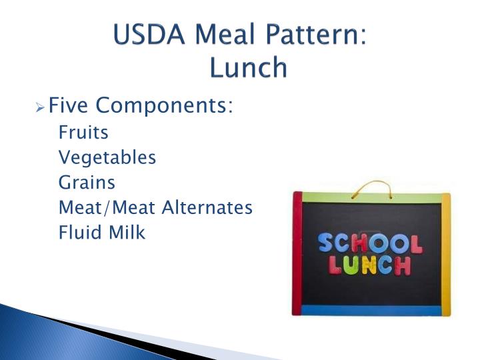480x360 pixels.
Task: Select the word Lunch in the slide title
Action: (247, 67)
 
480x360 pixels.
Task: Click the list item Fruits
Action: (83, 132)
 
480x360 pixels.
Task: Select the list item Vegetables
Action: (107, 157)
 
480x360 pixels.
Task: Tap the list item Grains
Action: (87, 182)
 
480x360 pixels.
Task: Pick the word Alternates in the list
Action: (207, 207)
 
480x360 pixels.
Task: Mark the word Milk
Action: (128, 233)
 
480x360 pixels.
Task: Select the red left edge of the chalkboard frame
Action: (297, 253)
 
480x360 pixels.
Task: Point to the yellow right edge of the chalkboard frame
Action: (446, 253)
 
